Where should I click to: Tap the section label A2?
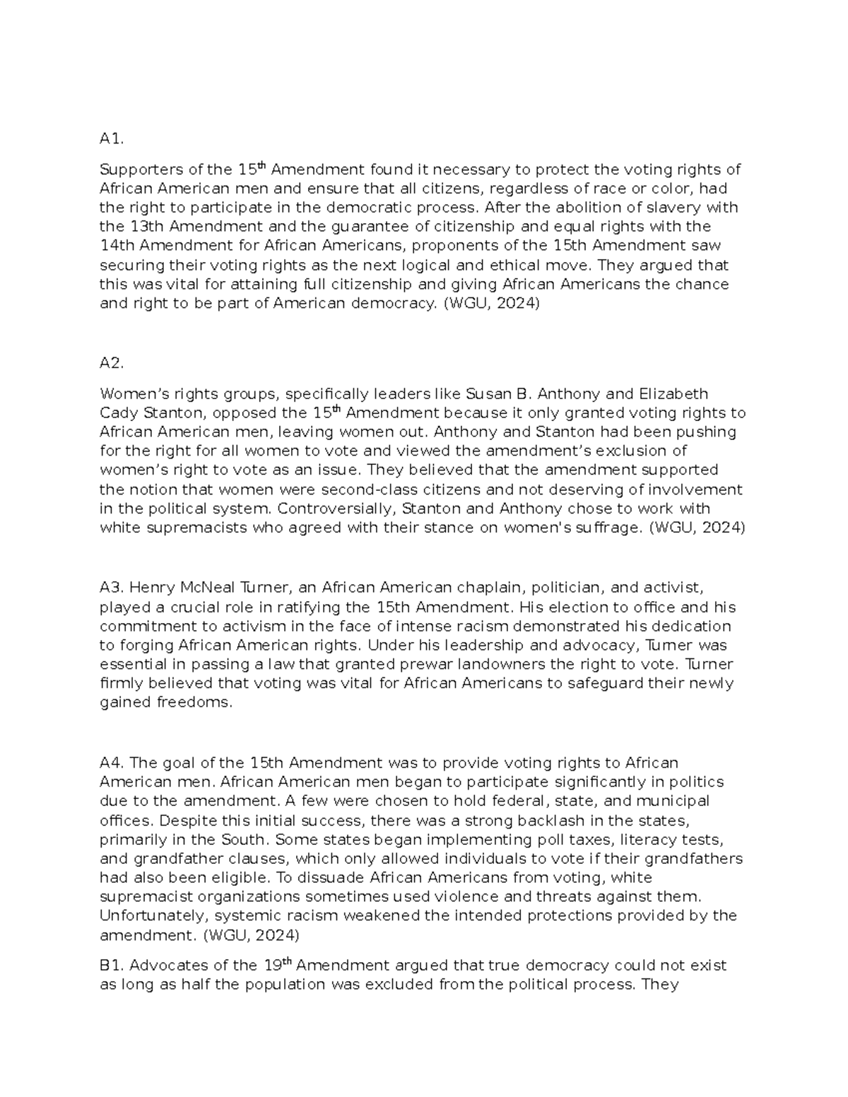click(112, 363)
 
